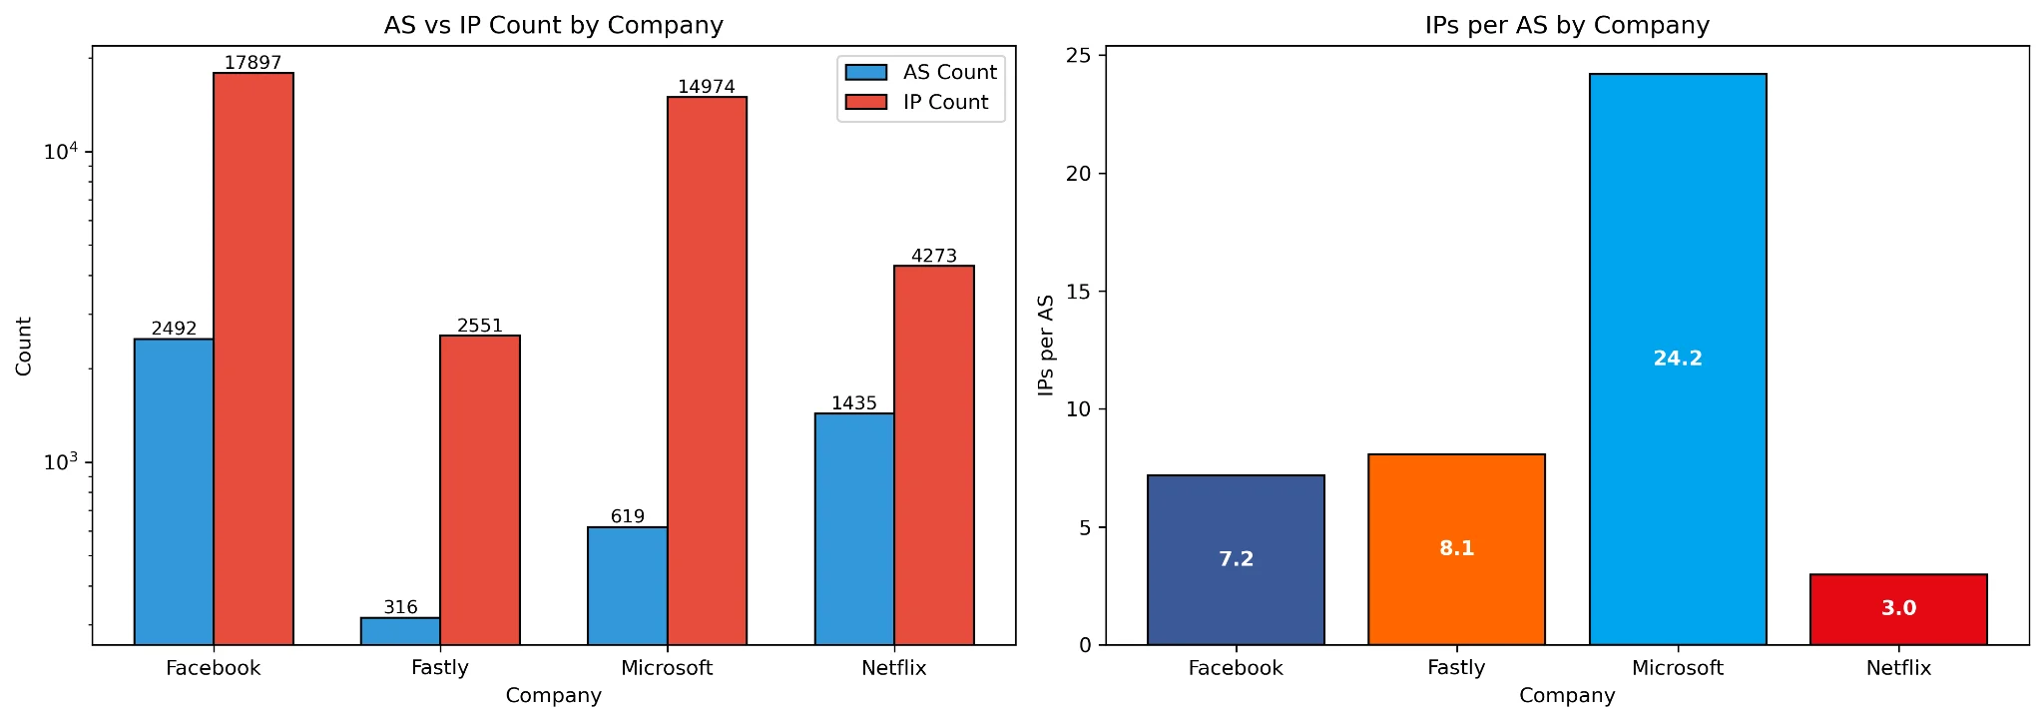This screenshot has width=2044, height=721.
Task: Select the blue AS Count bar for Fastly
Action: [400, 631]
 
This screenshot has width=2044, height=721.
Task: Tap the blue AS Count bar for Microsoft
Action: [627, 585]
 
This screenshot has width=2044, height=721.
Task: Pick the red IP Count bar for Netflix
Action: [933, 454]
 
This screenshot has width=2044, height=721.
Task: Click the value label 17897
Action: [253, 63]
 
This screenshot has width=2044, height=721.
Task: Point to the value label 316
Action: [400, 607]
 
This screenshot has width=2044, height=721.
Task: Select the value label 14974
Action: [706, 87]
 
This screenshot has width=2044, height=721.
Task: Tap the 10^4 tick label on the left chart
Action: [60, 151]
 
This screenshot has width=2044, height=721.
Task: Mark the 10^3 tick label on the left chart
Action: [60, 461]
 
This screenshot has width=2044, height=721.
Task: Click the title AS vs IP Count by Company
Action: [553, 25]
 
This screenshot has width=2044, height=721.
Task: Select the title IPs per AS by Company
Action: [1567, 25]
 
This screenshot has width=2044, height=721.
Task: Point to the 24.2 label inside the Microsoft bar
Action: [1678, 359]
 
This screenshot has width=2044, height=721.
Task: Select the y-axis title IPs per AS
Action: [1046, 346]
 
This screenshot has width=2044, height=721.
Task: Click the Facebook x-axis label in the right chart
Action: [1236, 668]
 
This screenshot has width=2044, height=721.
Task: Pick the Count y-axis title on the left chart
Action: [24, 346]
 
